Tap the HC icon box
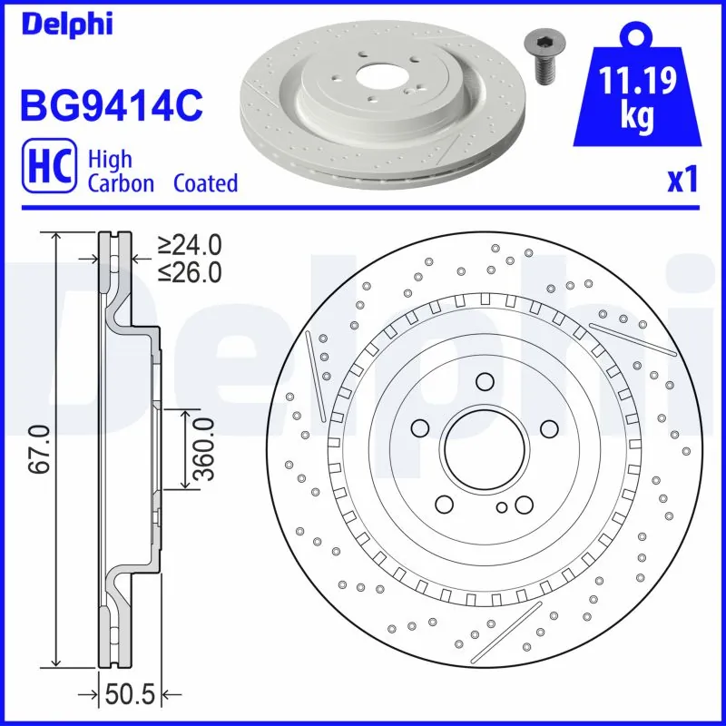click(x=48, y=171)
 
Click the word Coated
click(x=205, y=183)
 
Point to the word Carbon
click(x=121, y=183)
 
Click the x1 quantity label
click(x=682, y=181)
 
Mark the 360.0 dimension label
click(x=203, y=449)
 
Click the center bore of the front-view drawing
click(x=483, y=449)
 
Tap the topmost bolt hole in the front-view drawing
click(x=483, y=381)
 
